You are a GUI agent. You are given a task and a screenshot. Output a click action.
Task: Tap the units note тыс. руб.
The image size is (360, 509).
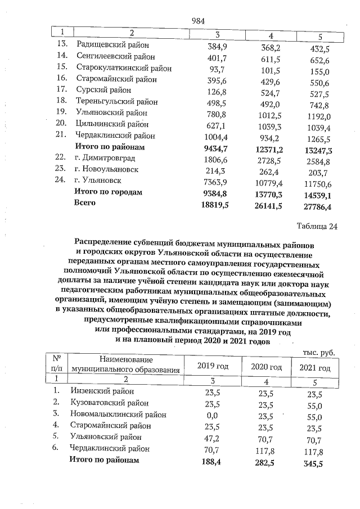[x=318, y=352]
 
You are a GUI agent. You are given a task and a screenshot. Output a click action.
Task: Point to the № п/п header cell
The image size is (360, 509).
[x=56, y=363]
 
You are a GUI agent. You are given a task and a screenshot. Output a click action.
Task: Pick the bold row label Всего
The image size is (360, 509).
[x=85, y=203]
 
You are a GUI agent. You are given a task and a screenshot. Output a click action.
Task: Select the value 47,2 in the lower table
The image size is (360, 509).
[x=213, y=438]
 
